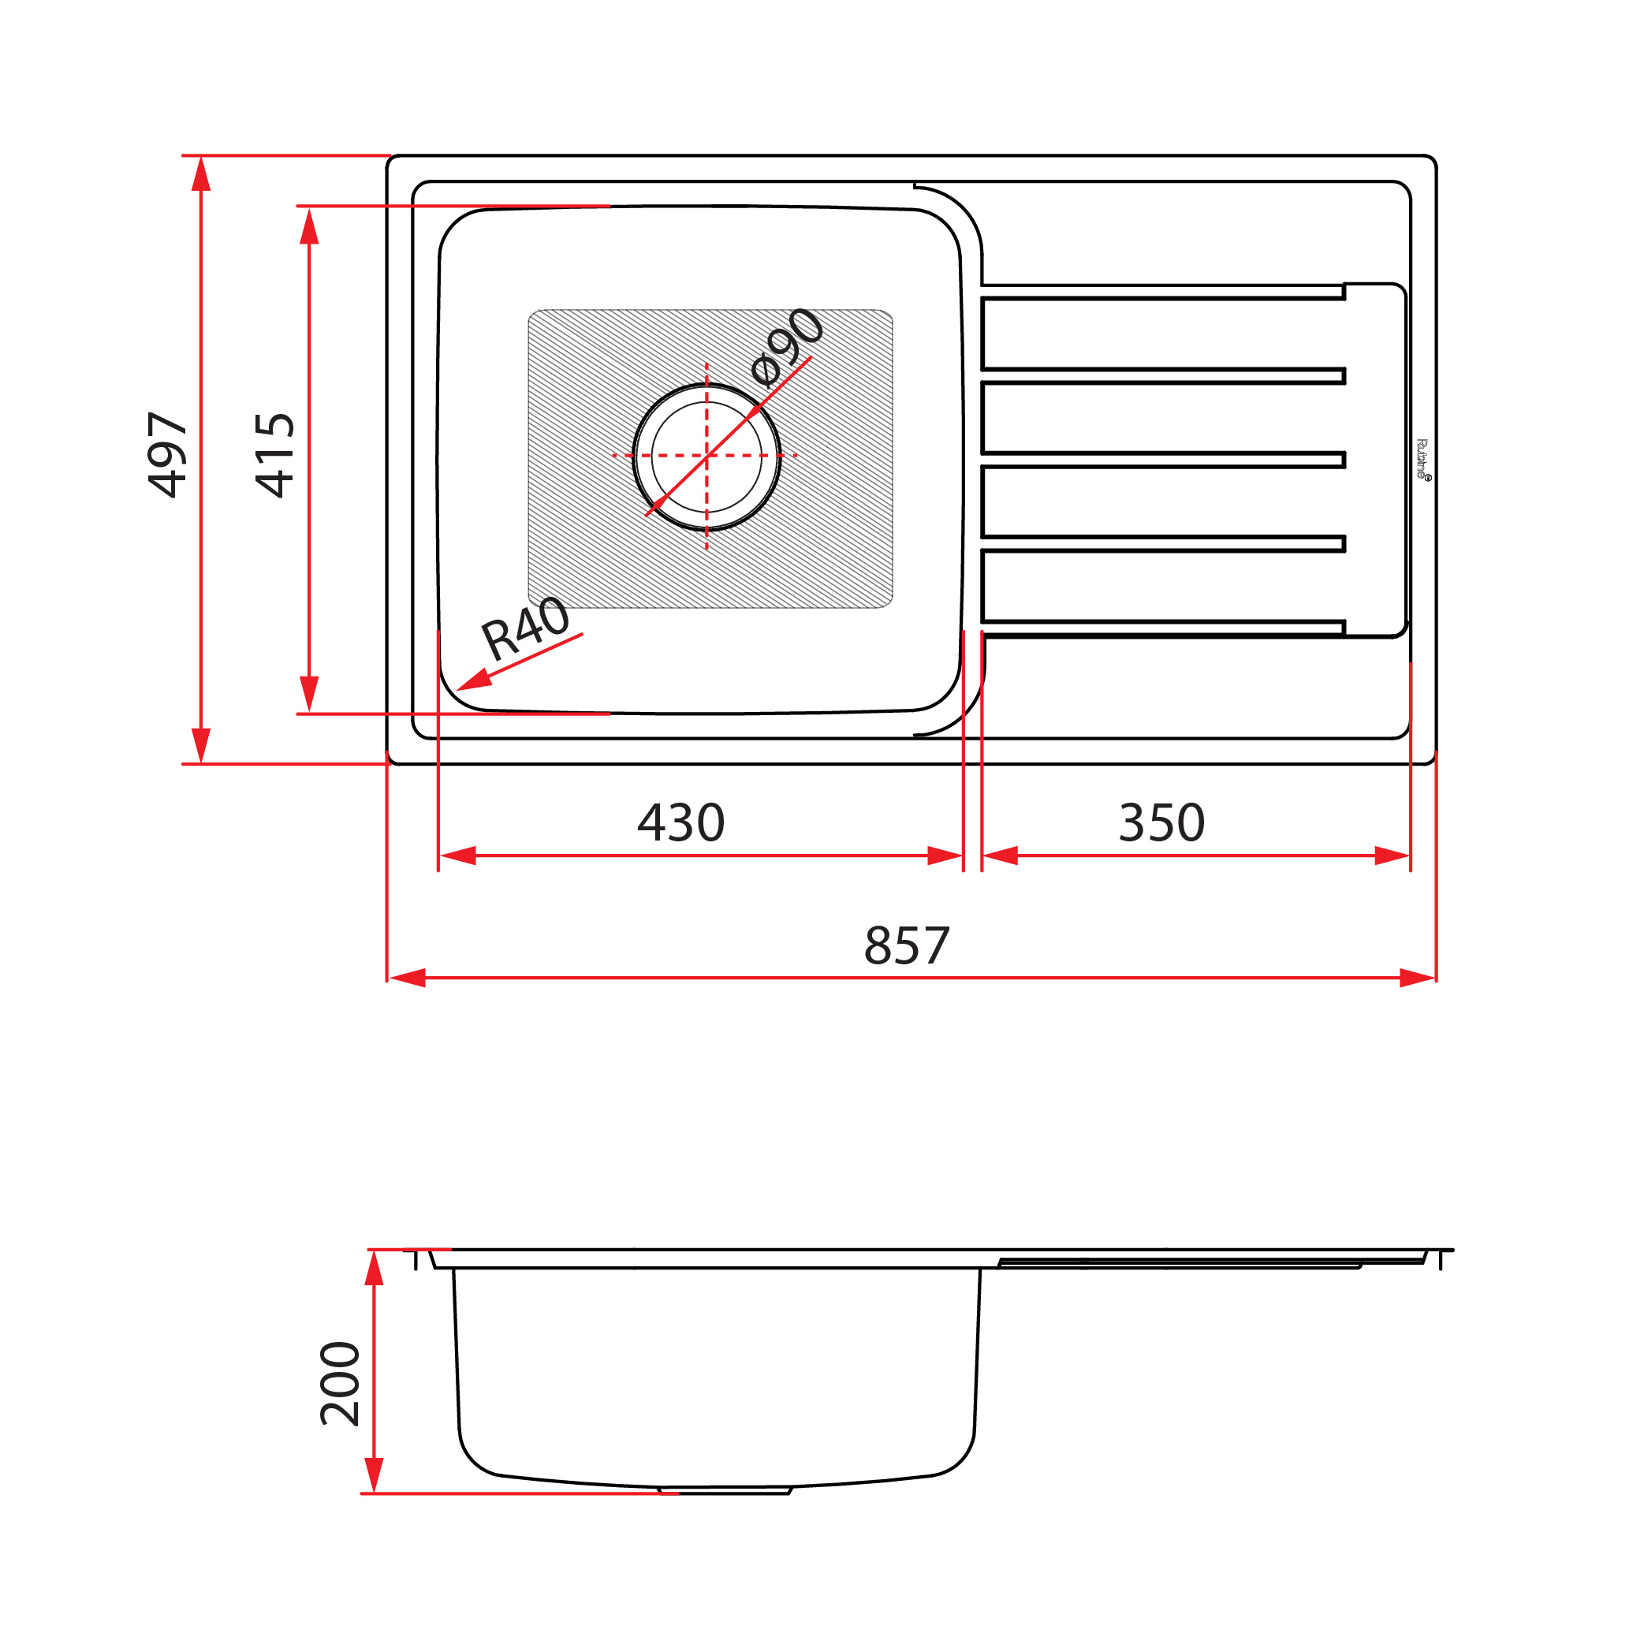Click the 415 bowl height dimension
(275, 454)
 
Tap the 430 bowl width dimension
(680, 823)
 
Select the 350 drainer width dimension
(1161, 823)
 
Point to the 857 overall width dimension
(906, 945)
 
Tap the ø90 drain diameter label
(788, 346)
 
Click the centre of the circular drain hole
(706, 456)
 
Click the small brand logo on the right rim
(1422, 460)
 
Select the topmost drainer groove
(1162, 293)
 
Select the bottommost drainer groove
(1162, 628)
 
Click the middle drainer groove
(1162, 460)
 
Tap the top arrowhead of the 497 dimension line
(201, 173)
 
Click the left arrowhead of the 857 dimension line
(407, 978)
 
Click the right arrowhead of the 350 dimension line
(1393, 856)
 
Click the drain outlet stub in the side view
(725, 1491)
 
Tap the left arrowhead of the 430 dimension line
(458, 856)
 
